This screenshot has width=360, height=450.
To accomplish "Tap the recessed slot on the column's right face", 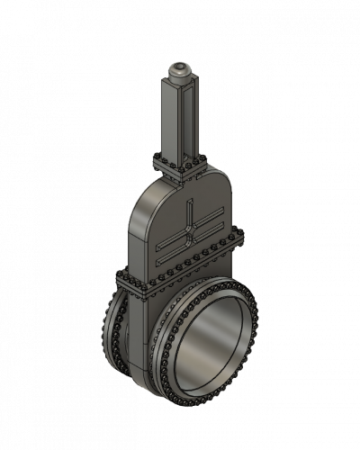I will tap(189, 117).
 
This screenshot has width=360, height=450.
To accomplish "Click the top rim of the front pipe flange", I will tap(216, 281).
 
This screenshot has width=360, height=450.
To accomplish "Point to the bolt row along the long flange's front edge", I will tap(184, 268).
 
